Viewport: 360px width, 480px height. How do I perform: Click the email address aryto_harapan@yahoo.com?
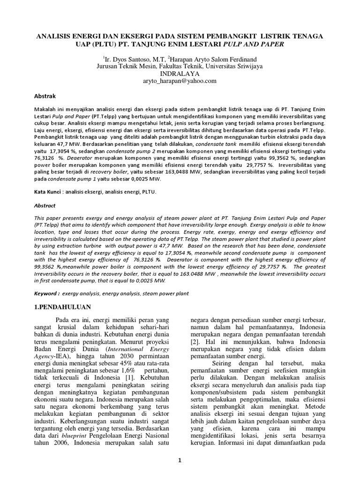point(180,81)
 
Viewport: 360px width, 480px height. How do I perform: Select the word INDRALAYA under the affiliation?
point(180,74)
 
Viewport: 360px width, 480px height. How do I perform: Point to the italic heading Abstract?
point(45,205)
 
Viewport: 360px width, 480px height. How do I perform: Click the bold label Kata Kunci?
point(48,192)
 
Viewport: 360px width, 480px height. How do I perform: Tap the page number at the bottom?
point(180,461)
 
